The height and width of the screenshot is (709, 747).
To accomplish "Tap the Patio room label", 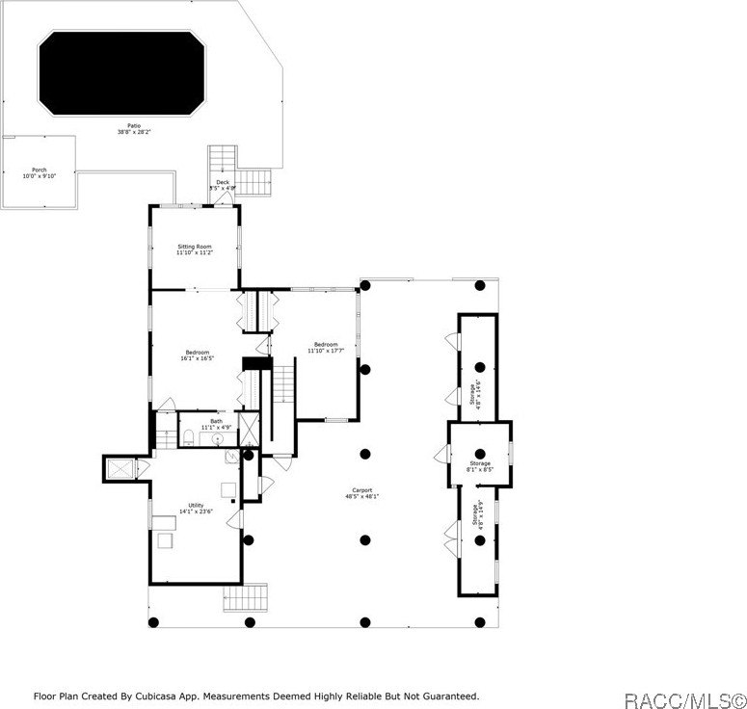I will pos(134,128).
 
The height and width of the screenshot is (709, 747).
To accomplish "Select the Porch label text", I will pos(40,172).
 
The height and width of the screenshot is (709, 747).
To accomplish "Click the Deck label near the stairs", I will pos(223,184).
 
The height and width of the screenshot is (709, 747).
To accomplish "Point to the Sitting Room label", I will pos(194,249).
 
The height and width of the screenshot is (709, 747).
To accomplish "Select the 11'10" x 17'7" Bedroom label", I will pos(325,348).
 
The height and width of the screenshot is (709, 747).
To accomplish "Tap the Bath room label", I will pos(216,424).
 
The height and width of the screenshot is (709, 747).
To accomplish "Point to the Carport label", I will pos(362,493).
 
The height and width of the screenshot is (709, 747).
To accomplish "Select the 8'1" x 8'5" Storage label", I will pos(480,467).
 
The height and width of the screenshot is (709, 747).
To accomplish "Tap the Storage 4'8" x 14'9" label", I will pos(474,515).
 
